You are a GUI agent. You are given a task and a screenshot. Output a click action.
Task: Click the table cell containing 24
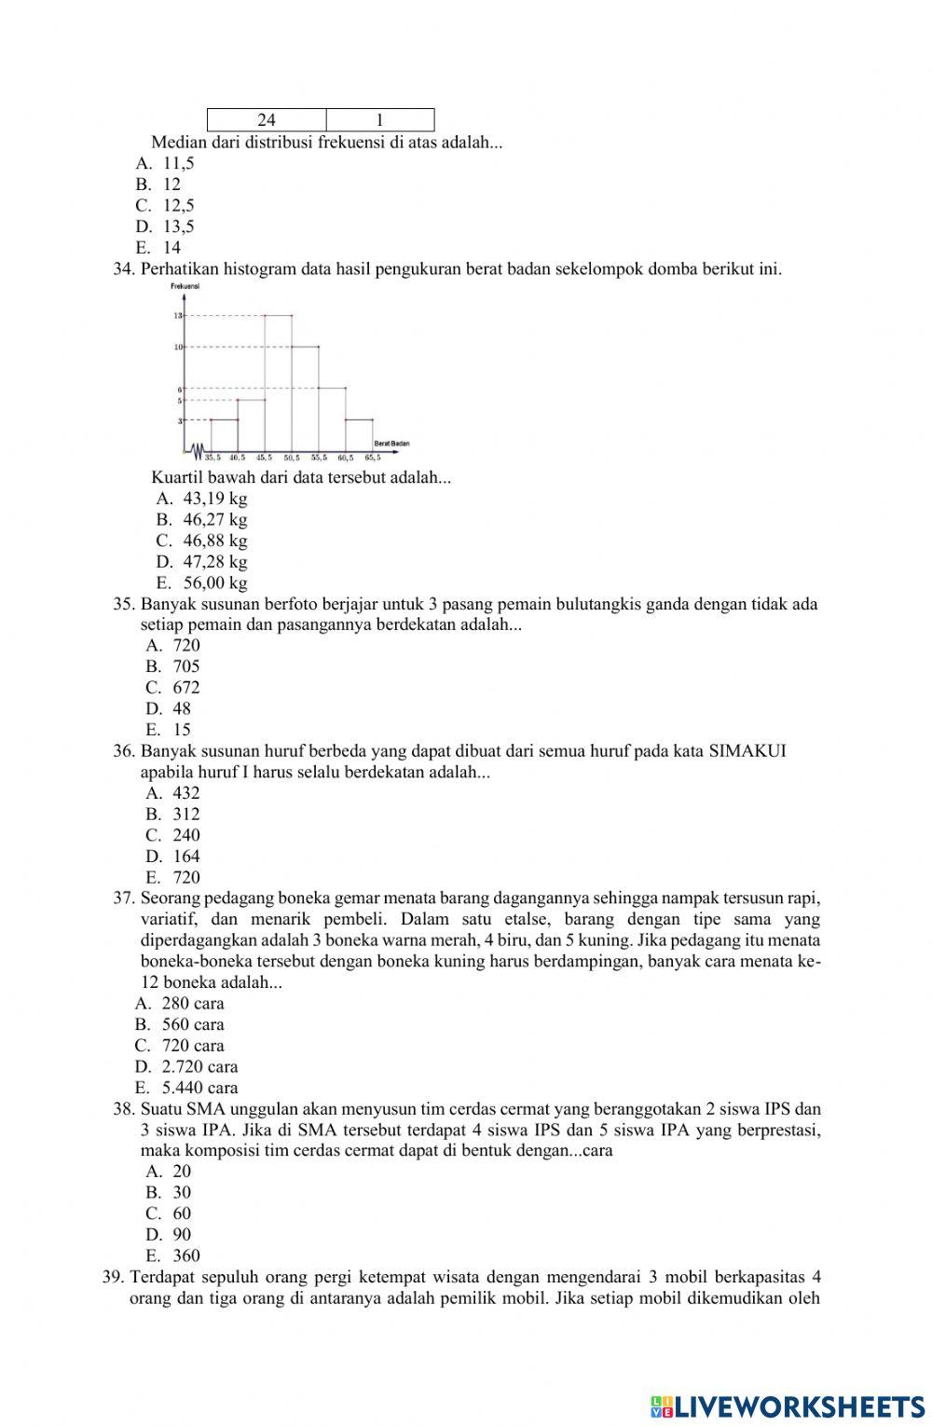[267, 120]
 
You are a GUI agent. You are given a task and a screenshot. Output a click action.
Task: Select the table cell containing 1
[380, 120]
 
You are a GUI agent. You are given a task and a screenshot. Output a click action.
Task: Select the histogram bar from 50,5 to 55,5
[306, 399]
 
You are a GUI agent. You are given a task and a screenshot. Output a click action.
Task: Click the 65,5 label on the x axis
[373, 458]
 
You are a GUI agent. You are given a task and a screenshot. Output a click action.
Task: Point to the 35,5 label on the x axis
[212, 458]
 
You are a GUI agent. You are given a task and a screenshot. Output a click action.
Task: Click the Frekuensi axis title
[185, 286]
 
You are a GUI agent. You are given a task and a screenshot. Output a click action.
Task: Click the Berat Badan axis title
[391, 443]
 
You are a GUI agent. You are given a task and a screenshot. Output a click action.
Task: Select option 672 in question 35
[185, 688]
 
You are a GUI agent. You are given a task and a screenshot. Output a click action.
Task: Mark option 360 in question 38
[185, 1255]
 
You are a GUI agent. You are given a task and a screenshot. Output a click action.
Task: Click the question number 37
[124, 898]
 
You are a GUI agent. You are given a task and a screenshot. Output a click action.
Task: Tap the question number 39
[113, 1277]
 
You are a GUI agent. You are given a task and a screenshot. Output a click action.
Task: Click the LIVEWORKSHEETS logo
[788, 1405]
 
